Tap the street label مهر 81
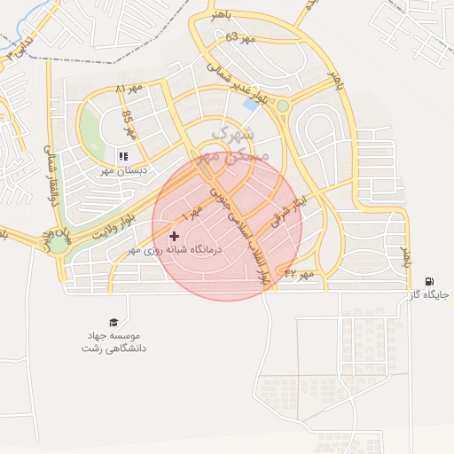coord(129,89)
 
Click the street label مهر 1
coord(192,213)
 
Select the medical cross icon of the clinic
coord(174,236)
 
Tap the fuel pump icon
coord(430,282)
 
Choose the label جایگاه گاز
coord(434,294)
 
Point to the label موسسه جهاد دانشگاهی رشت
coord(113,341)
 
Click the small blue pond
coord(252,103)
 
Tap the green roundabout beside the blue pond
coord(282,106)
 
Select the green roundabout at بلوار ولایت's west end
coord(59,244)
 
